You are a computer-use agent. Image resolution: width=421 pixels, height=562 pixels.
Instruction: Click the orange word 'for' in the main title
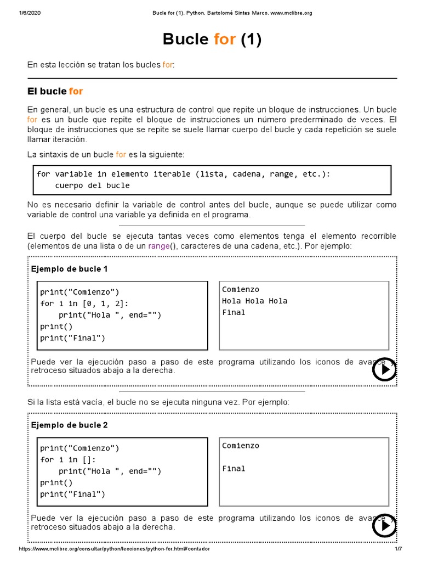[x=224, y=39]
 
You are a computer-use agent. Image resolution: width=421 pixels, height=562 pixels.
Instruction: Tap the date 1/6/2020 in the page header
[x=31, y=13]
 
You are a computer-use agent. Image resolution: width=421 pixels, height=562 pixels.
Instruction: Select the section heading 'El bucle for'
[x=55, y=91]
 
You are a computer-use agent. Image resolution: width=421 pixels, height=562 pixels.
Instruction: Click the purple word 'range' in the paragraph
[x=158, y=246]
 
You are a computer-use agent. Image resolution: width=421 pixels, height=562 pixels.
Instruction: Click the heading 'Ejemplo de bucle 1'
[x=69, y=269]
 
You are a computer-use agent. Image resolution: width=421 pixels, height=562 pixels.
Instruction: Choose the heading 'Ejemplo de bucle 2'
[x=69, y=425]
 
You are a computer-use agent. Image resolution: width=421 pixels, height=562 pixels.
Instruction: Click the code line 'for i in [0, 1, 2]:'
[x=85, y=304]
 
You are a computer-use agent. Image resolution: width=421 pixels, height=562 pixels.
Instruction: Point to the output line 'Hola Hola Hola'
[x=254, y=301]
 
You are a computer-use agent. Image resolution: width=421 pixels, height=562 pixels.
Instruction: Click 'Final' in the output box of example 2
[x=234, y=469]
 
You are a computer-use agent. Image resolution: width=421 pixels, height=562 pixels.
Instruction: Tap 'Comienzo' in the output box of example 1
[x=241, y=289]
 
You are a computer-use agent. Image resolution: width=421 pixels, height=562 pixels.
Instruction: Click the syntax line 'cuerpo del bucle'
[x=92, y=186]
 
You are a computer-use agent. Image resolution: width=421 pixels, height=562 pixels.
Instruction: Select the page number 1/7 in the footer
[x=398, y=549]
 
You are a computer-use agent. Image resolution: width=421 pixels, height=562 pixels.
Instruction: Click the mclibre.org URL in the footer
[x=114, y=549]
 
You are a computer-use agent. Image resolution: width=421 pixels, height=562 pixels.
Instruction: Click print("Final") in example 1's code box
[x=72, y=338]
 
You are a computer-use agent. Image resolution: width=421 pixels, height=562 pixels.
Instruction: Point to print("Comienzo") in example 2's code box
[x=79, y=448]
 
